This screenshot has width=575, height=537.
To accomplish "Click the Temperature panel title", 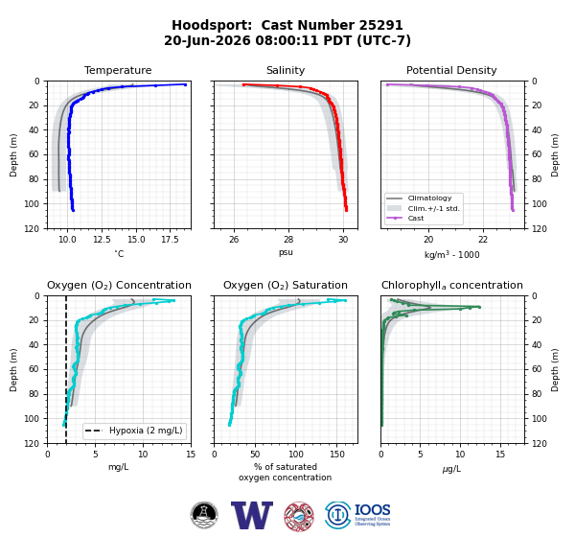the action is (x=118, y=70).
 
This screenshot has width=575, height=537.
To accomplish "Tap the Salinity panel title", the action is (x=286, y=70).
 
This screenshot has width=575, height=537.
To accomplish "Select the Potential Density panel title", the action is (x=451, y=70).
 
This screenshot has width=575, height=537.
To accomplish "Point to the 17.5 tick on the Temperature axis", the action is (x=170, y=240).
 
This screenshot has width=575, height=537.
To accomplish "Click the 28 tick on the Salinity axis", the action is (x=288, y=240).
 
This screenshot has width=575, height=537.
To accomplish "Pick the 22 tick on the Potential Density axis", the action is (x=483, y=240).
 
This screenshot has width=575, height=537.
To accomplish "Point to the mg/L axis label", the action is (x=119, y=467).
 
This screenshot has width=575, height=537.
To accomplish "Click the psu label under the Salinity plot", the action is (x=286, y=252).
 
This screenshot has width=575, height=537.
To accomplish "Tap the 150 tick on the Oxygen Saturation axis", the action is (x=337, y=455).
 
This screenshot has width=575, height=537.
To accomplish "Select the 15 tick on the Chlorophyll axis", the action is (x=500, y=455).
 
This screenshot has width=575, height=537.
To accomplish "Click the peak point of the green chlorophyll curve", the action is (x=479, y=307).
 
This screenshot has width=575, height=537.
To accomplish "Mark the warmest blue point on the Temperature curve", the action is (x=185, y=84).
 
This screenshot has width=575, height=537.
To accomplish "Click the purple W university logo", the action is (x=252, y=515).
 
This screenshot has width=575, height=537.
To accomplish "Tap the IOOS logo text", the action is (x=372, y=510).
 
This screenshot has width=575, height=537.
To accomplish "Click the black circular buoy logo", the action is (x=204, y=515).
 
